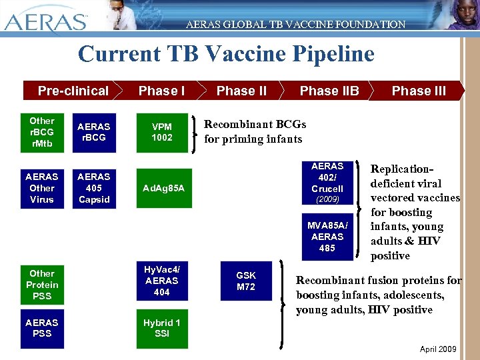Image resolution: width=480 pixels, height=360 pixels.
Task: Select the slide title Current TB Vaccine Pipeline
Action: click(x=226, y=54)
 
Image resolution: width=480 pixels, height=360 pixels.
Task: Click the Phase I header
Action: click(x=161, y=91)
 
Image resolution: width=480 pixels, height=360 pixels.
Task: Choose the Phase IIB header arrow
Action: click(x=329, y=91)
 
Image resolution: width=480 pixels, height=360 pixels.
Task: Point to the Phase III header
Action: click(x=419, y=91)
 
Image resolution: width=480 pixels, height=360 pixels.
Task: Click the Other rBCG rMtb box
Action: click(x=42, y=132)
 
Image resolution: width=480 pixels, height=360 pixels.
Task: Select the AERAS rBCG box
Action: click(x=94, y=132)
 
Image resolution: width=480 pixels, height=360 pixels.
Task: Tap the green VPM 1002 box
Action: click(x=162, y=132)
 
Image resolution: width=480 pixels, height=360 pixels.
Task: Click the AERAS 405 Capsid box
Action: click(x=94, y=188)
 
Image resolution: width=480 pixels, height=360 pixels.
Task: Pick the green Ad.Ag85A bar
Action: click(x=164, y=188)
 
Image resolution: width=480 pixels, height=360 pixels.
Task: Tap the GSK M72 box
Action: click(x=246, y=281)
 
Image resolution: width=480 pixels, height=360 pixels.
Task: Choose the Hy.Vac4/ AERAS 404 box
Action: click(x=162, y=281)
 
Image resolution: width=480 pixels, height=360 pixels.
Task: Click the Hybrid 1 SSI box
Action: click(x=162, y=328)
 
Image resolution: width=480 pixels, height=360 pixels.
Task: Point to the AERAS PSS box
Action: click(x=42, y=328)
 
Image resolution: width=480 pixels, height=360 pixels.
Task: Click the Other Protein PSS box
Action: click(x=42, y=285)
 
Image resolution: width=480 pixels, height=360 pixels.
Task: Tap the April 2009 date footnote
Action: click(x=438, y=349)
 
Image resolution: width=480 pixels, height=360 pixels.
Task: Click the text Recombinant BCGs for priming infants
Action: click(x=255, y=132)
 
